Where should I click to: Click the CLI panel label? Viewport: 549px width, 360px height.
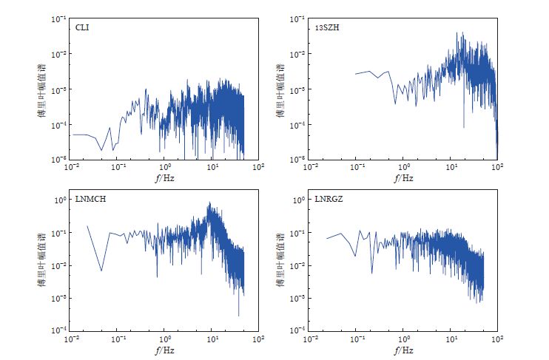(x=82, y=28)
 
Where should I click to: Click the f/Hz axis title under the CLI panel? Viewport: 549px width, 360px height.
(x=165, y=178)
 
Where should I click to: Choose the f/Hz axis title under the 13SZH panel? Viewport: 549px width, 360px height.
(x=404, y=178)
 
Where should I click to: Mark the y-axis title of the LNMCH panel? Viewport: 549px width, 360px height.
(x=46, y=265)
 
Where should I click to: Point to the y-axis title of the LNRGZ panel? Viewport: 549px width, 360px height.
(x=286, y=265)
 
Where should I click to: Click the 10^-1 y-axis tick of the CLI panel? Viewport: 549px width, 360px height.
(x=61, y=19)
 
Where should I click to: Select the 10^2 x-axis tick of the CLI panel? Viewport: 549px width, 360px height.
(x=258, y=167)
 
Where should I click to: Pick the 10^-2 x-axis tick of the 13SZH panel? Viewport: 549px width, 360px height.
(x=310, y=167)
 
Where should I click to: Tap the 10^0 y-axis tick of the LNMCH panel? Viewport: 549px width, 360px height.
(x=62, y=200)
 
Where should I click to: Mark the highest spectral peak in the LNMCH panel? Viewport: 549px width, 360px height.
(x=210, y=203)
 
